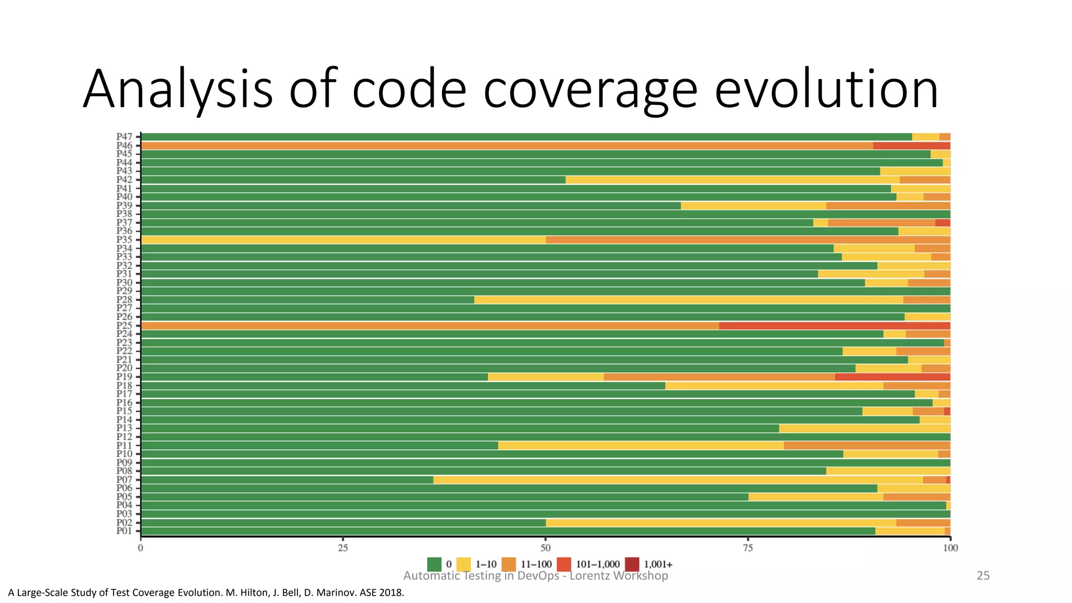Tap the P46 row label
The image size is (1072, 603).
pyautogui.click(x=124, y=146)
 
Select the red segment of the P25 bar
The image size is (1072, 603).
pyautogui.click(x=834, y=326)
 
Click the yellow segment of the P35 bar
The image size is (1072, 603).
pyautogui.click(x=343, y=240)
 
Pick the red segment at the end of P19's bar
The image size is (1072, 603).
pyautogui.click(x=892, y=377)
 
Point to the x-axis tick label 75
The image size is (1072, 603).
pyautogui.click(x=747, y=548)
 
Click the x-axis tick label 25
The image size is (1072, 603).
pyautogui.click(x=342, y=548)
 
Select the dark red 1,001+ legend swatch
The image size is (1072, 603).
pyautogui.click(x=632, y=564)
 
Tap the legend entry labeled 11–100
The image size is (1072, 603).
pyautogui.click(x=536, y=564)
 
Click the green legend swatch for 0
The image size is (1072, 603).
pyautogui.click(x=434, y=564)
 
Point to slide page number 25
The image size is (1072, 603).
pyautogui.click(x=983, y=576)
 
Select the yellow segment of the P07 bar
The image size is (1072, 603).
pyautogui.click(x=678, y=480)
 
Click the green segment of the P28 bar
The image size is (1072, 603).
pyautogui.click(x=307, y=300)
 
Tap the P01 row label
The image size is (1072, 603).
pyautogui.click(x=124, y=531)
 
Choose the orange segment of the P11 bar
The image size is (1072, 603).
pyautogui.click(x=866, y=445)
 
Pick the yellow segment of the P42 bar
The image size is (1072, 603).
pyautogui.click(x=733, y=180)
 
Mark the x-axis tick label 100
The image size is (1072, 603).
pyautogui.click(x=950, y=548)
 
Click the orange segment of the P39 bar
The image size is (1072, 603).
pyautogui.click(x=888, y=206)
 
